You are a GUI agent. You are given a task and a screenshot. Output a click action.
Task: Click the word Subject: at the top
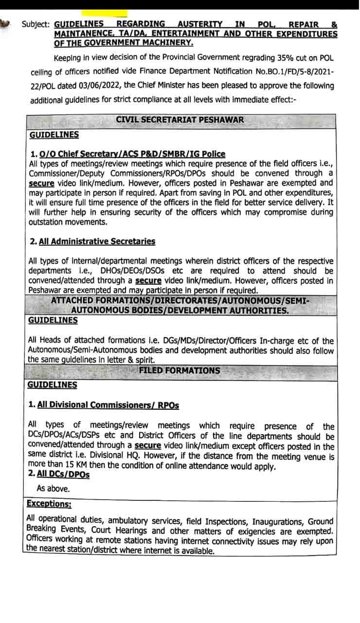[36, 24]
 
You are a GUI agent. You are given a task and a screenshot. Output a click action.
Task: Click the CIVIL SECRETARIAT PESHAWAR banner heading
[180, 120]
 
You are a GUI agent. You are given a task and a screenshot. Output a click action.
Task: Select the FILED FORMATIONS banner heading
[180, 371]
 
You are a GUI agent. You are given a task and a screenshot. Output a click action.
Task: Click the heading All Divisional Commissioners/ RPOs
[108, 405]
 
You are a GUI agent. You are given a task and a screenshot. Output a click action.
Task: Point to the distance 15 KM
[60, 466]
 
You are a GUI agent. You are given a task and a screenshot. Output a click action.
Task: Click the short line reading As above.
[53, 488]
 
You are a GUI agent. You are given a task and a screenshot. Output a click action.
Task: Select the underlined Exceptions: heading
[49, 503]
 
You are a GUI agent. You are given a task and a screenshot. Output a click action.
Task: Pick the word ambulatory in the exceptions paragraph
[129, 521]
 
